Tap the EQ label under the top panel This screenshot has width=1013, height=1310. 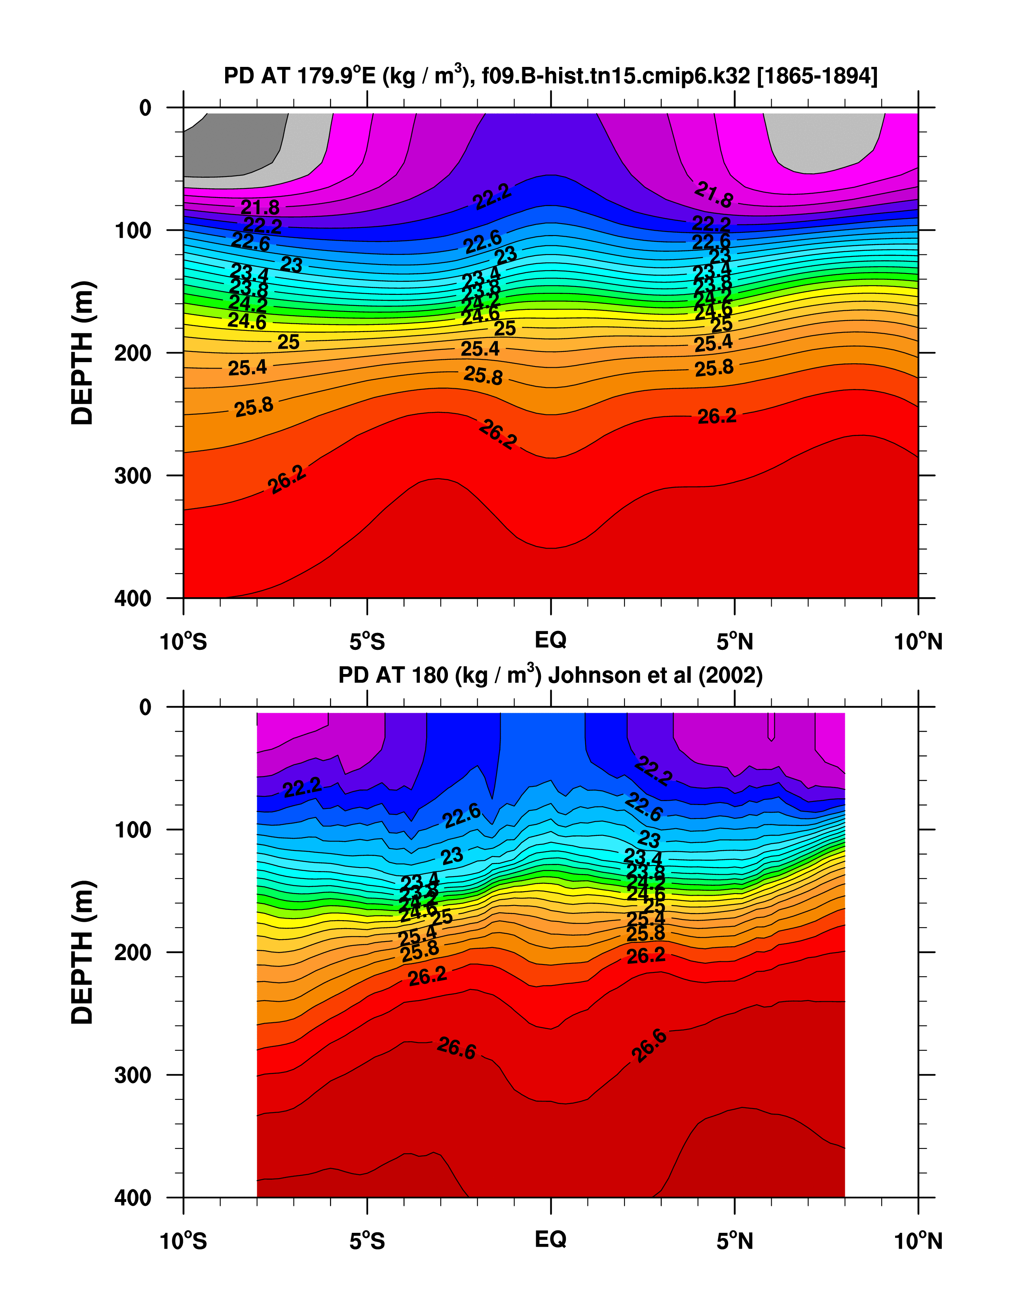pos(550,640)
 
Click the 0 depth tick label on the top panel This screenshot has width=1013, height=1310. pos(145,108)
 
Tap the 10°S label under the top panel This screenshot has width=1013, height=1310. pos(184,642)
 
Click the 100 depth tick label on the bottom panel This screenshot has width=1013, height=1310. pos(133,830)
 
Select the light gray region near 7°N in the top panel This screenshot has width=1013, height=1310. pos(821,141)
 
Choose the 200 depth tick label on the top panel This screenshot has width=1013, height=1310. pos(133,353)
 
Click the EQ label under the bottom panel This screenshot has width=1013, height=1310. pos(550,1239)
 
